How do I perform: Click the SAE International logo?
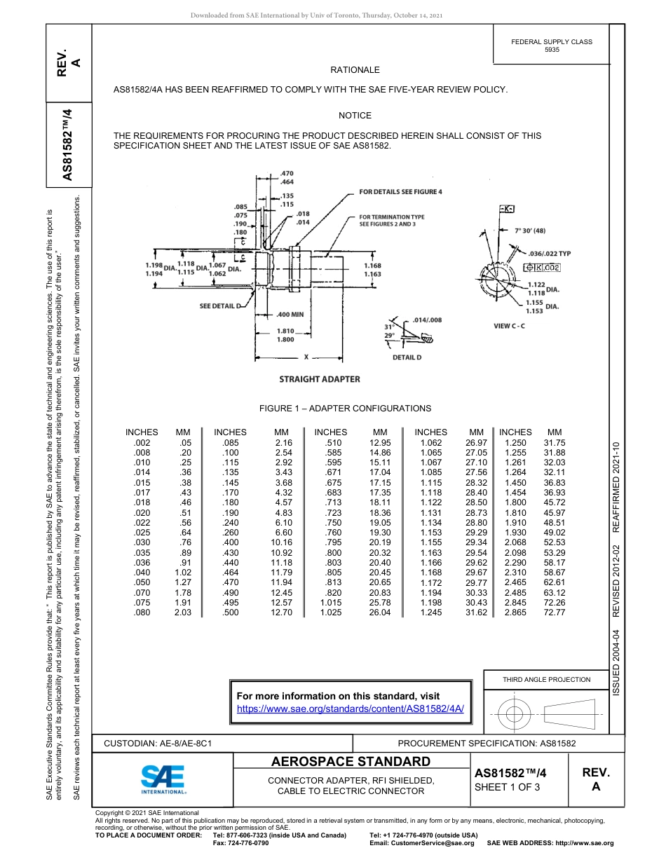coord(163,778)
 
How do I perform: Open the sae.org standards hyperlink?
coord(351,709)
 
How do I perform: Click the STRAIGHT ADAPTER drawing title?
coord(320,379)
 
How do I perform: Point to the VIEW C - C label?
coord(509,326)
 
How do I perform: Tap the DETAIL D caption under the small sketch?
coord(407,357)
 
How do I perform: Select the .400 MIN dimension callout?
coord(290,315)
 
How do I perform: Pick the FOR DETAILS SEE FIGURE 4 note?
coord(400,191)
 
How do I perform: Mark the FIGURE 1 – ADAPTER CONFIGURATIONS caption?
coord(345,409)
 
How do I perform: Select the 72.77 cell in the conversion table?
coord(554,613)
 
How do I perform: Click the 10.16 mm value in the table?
coord(281,542)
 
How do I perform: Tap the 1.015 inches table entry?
coord(330,603)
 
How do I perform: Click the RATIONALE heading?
coord(355,70)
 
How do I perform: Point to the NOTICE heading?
coord(355,116)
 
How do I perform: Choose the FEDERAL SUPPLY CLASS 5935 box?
coord(551,46)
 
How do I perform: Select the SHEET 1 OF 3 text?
coord(507,786)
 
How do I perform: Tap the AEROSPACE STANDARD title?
coord(351,762)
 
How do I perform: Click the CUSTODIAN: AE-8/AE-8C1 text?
coord(158,743)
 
